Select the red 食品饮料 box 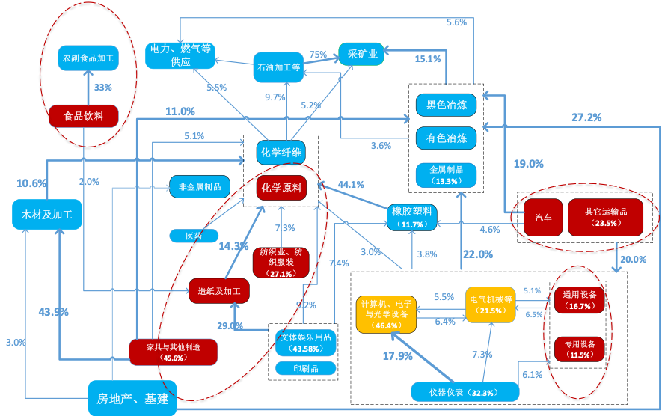pos(84,116)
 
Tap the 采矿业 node pos(362,54)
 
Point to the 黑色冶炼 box pos(447,105)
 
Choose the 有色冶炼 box pos(447,138)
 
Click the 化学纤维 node pos(281,153)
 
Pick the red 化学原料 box pos(282,188)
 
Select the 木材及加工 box pos(47,214)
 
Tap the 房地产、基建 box pos(132,398)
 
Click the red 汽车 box pos(544,218)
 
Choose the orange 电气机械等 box pos(491,305)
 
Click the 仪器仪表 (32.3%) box pos(465,391)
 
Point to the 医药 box pos(194,236)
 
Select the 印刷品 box pos(305,368)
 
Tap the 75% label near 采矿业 pos(318,55)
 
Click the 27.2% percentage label pos(586,117)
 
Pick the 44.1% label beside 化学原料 pos(351,184)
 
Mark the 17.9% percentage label pos(398,356)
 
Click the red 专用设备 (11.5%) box pos(580,349)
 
